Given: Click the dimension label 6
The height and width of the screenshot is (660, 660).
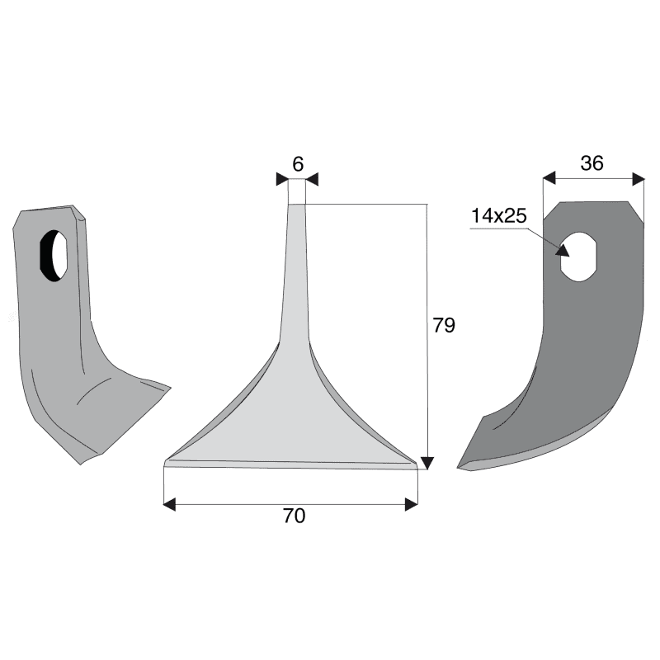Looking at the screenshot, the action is pyautogui.click(x=298, y=164).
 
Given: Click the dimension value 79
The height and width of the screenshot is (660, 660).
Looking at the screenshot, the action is pyautogui.click(x=444, y=325).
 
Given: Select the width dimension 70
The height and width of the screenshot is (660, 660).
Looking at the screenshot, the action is pyautogui.click(x=294, y=516).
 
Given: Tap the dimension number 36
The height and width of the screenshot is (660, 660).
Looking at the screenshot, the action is pyautogui.click(x=592, y=163).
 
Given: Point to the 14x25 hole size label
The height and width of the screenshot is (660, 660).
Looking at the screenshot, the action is pyautogui.click(x=499, y=216).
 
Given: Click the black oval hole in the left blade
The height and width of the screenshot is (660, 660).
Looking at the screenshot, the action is pyautogui.click(x=54, y=256).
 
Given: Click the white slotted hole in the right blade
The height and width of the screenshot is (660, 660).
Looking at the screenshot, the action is pyautogui.click(x=579, y=257).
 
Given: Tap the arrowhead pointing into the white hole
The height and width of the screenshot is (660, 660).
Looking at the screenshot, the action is pyautogui.click(x=563, y=250).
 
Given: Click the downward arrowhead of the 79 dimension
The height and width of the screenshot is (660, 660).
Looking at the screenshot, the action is pyautogui.click(x=427, y=463).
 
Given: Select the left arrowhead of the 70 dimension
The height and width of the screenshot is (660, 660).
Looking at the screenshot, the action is pyautogui.click(x=169, y=504).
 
